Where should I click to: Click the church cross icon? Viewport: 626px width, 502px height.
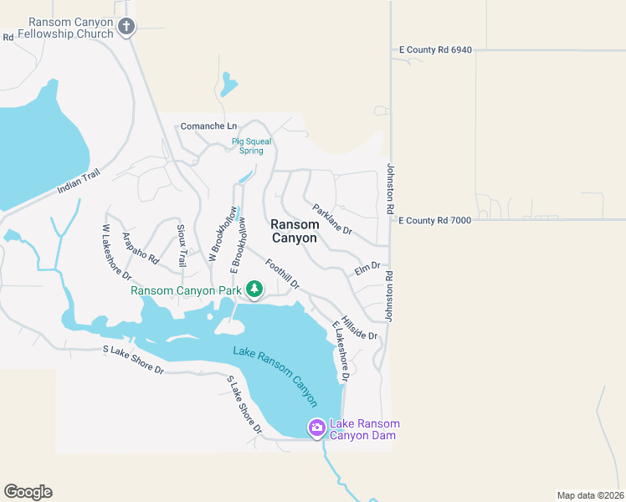[x=126, y=27]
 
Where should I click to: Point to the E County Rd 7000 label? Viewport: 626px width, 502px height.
[x=434, y=220]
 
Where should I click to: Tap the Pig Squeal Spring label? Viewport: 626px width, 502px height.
[x=252, y=146]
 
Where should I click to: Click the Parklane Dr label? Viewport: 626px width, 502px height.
[x=332, y=219]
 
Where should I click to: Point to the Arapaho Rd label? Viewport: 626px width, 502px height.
[x=141, y=248]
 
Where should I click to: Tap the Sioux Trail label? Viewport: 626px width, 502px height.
[x=182, y=246]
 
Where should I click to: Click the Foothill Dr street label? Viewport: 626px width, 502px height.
[x=282, y=274]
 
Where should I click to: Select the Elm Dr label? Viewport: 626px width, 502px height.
[x=367, y=269]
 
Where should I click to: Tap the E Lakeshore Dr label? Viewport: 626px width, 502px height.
[x=341, y=351]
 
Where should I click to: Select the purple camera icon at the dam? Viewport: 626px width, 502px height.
[x=316, y=428]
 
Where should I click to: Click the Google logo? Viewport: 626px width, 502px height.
[x=28, y=492]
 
